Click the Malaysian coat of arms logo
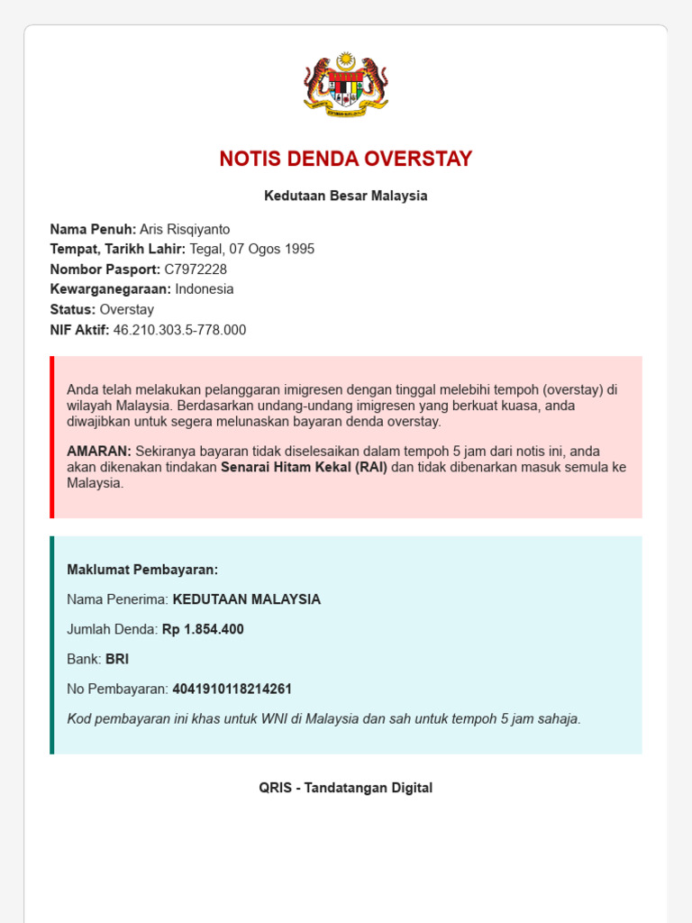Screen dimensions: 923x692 (346, 84)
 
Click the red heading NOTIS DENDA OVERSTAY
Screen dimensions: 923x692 (346, 160)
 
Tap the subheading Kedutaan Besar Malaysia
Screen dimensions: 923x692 (346, 196)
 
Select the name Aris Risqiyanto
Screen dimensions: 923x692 (185, 229)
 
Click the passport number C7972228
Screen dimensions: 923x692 (196, 270)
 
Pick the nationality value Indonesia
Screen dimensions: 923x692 (205, 289)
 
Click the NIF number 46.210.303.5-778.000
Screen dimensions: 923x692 (179, 330)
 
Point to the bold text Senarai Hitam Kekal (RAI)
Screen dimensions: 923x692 (304, 467)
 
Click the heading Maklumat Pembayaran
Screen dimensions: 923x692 (142, 570)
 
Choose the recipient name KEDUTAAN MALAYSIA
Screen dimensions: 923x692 (247, 599)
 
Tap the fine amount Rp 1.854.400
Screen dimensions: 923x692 (203, 629)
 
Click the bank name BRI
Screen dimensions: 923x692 (117, 659)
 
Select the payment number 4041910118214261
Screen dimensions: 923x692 (232, 689)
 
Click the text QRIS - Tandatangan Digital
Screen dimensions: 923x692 (346, 788)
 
